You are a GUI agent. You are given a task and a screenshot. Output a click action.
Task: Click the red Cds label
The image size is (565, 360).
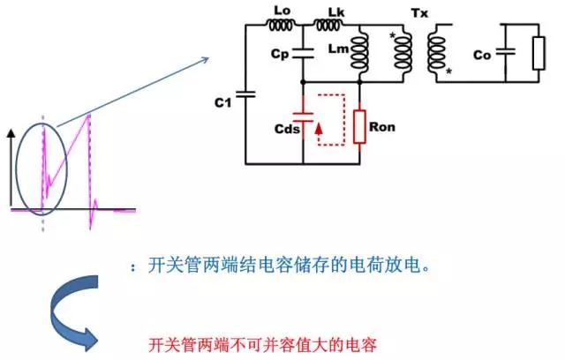286,129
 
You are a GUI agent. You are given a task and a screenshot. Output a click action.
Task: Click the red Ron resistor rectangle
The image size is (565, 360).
360,125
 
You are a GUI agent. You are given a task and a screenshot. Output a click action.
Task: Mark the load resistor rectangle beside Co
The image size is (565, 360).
539,53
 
